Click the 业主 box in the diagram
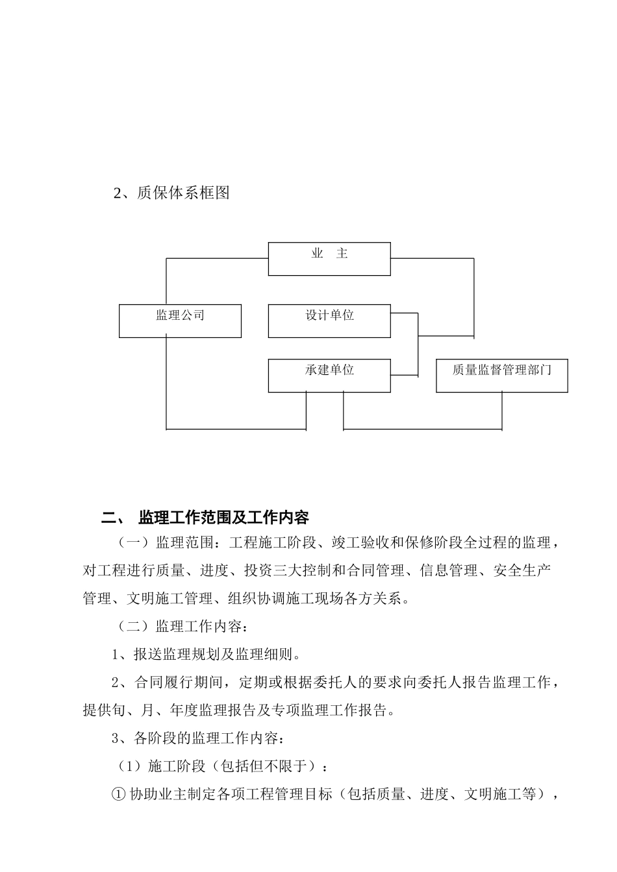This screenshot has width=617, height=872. coord(329,258)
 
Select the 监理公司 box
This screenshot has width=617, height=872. coord(180,321)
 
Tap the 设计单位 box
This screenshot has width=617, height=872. coord(329,321)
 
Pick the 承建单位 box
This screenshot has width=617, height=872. coord(329,376)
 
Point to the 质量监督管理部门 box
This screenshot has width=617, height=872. coord(501,376)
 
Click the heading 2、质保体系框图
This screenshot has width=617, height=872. coord(172,193)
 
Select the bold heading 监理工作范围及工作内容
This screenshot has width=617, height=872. coord(224,518)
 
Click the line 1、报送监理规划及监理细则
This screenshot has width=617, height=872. coord(206,654)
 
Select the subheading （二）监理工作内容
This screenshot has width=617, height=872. coord(181,627)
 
